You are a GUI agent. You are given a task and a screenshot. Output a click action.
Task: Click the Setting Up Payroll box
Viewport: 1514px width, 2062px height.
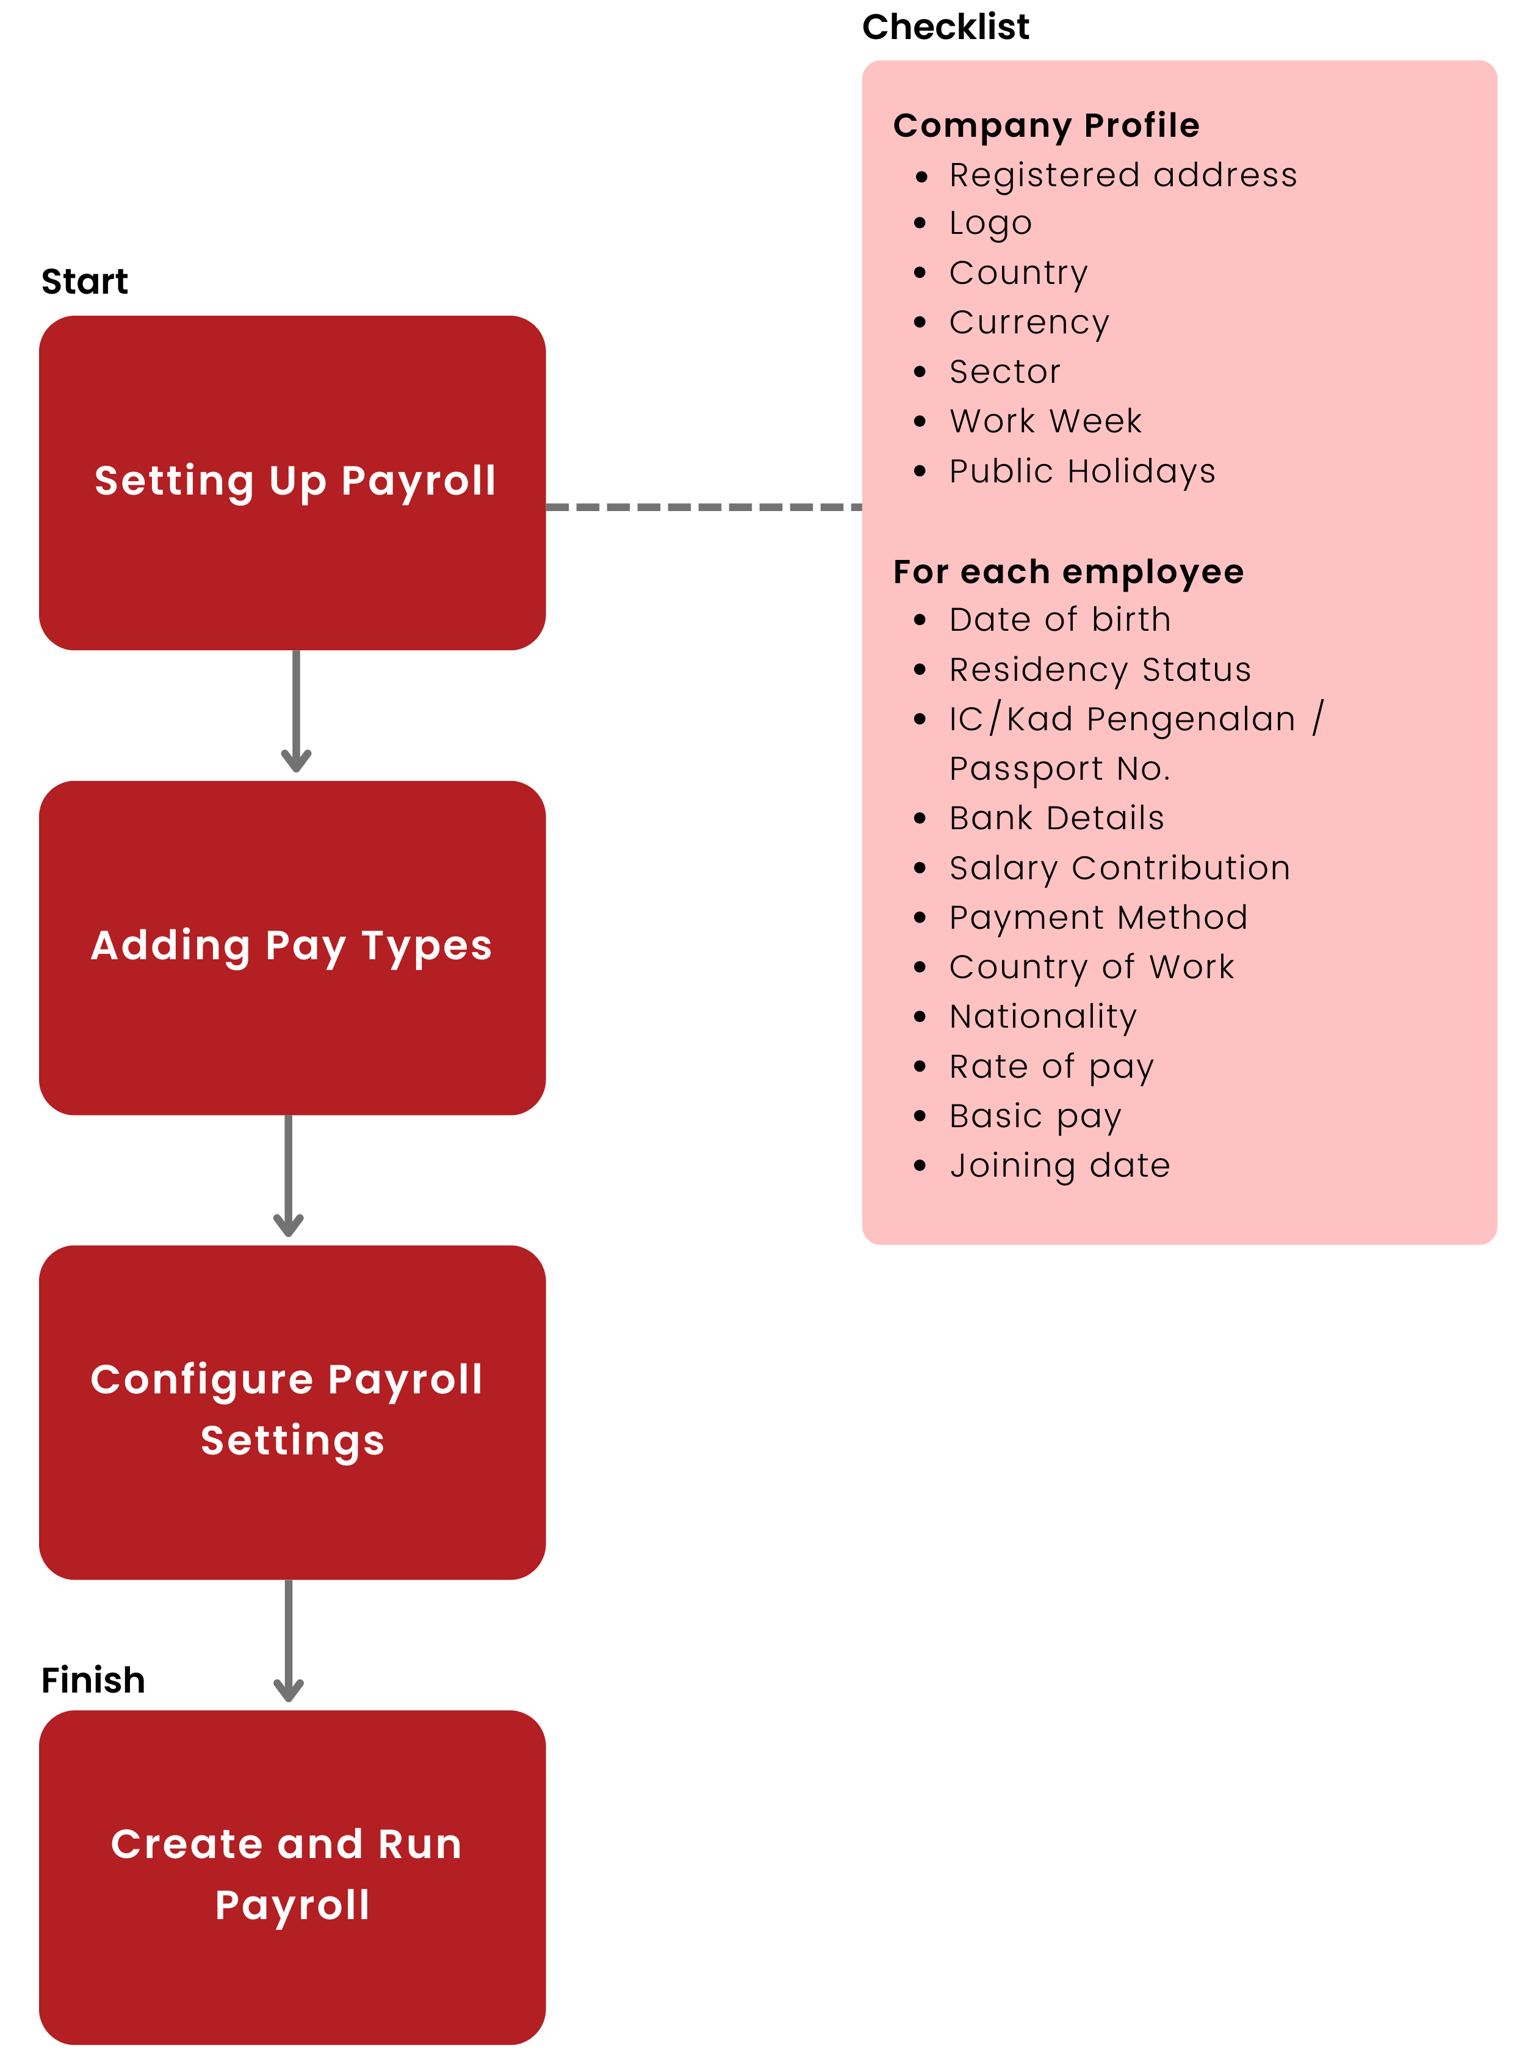[292, 482]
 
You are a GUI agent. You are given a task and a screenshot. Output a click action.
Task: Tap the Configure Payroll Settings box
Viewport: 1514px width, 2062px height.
[292, 1412]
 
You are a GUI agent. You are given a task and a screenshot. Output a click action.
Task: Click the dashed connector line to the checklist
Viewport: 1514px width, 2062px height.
[703, 506]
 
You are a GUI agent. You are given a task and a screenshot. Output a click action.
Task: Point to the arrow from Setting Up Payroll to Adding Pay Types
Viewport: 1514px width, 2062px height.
[296, 711]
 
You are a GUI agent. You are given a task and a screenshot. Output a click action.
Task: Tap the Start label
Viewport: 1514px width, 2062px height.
[84, 281]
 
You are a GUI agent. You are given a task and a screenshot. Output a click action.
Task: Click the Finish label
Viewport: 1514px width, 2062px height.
[93, 1680]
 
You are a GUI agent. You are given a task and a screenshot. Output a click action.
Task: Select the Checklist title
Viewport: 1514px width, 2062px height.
[945, 27]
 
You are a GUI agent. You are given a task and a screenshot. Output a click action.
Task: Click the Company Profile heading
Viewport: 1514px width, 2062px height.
[1046, 126]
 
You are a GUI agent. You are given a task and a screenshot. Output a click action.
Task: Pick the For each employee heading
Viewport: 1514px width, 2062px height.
[1068, 571]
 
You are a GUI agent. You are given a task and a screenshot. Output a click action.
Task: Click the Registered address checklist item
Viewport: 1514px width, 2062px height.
[1123, 175]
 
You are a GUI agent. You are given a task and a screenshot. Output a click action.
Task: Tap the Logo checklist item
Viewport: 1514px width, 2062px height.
[990, 223]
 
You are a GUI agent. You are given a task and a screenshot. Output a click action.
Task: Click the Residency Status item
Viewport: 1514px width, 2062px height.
[1100, 669]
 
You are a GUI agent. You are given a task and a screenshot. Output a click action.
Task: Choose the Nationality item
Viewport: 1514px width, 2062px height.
[1043, 1016]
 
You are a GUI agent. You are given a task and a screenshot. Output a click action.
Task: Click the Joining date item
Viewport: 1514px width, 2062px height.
[1059, 1165]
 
